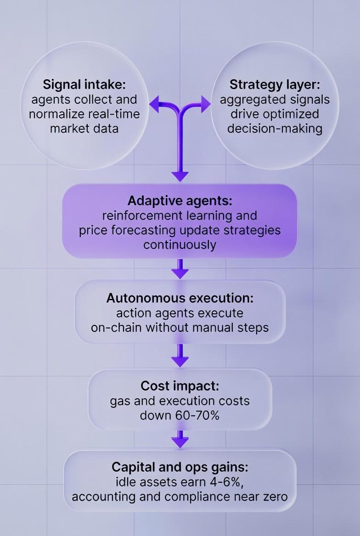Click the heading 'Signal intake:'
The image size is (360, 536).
pos(84,84)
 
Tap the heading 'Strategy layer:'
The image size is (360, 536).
pos(275,84)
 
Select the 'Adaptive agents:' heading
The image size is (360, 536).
pos(180,201)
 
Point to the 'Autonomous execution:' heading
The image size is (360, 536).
pos(180,298)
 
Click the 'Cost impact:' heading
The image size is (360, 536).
pos(180,385)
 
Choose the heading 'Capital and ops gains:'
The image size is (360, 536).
pos(180,467)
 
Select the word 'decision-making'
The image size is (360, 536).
pos(275,128)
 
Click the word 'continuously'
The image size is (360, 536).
pos(180,245)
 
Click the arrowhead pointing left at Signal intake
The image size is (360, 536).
pos(154,105)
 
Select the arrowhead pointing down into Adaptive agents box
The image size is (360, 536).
pos(180,175)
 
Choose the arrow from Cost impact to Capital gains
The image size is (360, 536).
pos(180,440)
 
